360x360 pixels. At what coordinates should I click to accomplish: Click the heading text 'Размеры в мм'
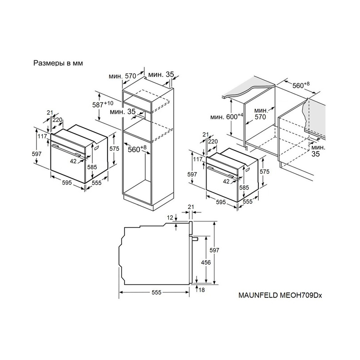coord(58,63)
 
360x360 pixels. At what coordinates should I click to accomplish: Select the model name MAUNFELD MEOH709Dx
coord(280,295)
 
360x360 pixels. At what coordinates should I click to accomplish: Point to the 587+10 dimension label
coord(103,104)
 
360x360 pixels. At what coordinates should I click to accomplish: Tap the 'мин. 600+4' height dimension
coord(227,117)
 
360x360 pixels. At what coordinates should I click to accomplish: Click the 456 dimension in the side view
coord(206,262)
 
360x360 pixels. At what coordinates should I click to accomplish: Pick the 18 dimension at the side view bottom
coord(201,290)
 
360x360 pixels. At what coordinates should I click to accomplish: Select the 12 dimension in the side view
coord(170,217)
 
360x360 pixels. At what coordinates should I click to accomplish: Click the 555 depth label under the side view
coord(156,292)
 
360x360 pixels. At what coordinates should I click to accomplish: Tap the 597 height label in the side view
coord(214,250)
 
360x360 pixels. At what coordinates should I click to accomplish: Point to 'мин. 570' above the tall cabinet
coord(122,76)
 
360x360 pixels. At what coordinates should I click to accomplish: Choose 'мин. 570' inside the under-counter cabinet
coord(261,114)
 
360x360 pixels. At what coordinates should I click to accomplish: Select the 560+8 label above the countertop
coord(301,85)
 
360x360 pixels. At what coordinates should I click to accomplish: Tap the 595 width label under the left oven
coord(67,183)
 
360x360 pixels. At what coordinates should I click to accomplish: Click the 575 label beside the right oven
coord(265,171)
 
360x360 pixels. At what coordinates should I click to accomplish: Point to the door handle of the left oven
coord(66,150)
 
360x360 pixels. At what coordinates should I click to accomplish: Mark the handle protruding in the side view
coord(194,238)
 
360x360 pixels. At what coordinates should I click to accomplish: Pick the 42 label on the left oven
coord(73,162)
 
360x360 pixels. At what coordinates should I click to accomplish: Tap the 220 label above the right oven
coord(212,141)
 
